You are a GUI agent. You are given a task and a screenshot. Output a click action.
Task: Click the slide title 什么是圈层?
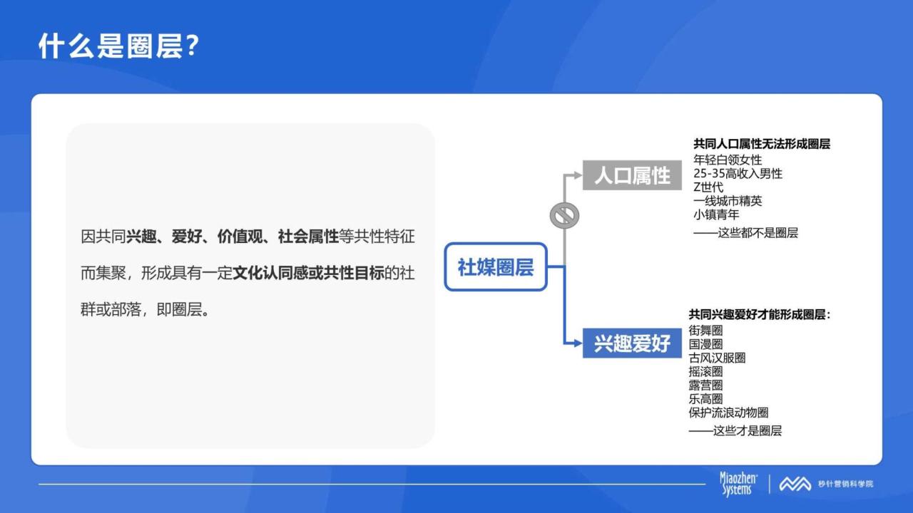click(x=118, y=46)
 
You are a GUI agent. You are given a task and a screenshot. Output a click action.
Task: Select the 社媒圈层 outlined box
click(x=496, y=266)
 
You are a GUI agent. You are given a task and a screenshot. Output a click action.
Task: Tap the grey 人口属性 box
click(x=632, y=175)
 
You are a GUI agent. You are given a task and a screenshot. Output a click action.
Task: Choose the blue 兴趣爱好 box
click(x=632, y=343)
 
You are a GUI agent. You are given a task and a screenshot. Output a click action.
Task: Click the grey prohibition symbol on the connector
click(x=564, y=215)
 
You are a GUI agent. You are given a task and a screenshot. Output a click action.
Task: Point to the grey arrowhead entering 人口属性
click(x=578, y=175)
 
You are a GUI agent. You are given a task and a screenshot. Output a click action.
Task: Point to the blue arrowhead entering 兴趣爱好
click(x=578, y=343)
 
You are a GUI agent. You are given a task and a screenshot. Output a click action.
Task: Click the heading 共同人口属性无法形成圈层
click(x=761, y=144)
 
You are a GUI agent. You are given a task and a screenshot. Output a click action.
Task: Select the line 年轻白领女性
click(x=728, y=160)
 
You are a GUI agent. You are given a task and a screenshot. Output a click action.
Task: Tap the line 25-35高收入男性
click(x=738, y=173)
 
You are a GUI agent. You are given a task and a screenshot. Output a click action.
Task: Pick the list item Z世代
click(x=708, y=187)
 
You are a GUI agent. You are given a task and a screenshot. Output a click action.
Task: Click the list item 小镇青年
click(x=716, y=214)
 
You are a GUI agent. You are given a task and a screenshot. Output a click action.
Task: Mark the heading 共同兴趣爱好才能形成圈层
click(x=759, y=314)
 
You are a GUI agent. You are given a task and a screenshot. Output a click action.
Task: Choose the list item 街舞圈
click(x=705, y=330)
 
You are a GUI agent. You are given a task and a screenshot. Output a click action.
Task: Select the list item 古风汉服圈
click(x=717, y=358)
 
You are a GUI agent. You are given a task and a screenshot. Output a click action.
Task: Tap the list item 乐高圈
click(x=705, y=398)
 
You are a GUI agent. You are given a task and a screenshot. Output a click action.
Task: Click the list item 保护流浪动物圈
click(x=728, y=413)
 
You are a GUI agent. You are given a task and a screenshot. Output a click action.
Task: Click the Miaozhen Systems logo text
click(x=738, y=484)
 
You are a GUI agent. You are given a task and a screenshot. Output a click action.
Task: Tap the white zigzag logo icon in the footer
click(x=795, y=484)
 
